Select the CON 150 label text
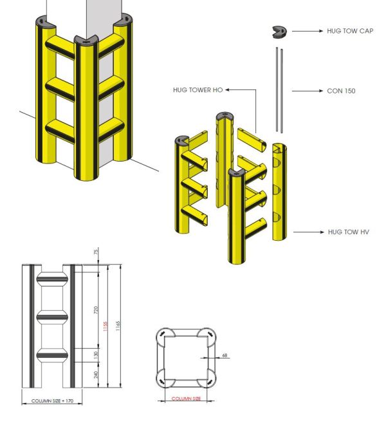point(341,91)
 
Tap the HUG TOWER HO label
point(198,90)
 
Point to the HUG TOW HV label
point(348,231)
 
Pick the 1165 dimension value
point(117,325)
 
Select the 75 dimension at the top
point(95,252)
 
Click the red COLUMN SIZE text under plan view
point(186,399)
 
